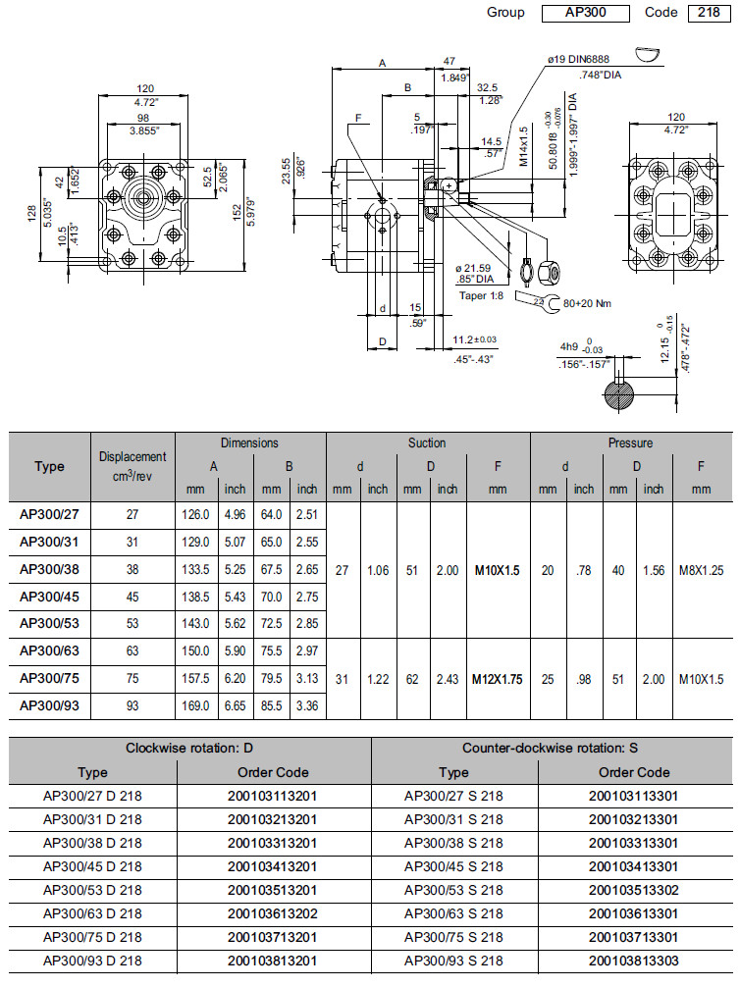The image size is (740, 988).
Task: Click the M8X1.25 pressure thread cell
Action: pos(701,569)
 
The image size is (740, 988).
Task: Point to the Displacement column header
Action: pos(132,466)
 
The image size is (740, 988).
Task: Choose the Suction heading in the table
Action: pos(427,443)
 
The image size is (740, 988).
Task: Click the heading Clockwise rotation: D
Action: pos(189,749)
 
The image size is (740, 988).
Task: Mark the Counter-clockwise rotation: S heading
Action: pos(553,749)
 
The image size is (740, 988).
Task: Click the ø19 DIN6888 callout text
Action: pos(580,59)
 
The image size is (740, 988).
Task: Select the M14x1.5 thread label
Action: pos(524,145)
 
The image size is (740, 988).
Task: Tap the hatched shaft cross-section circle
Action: pos(620,396)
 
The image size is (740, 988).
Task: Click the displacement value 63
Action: pos(132,650)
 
